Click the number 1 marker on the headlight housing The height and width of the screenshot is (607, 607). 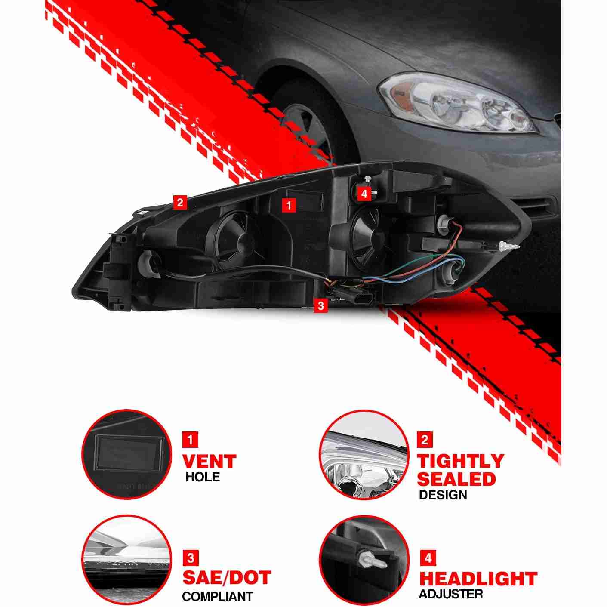tap(289, 206)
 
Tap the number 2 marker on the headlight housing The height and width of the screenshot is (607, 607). tap(180, 202)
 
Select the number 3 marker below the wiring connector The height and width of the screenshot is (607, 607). tap(320, 305)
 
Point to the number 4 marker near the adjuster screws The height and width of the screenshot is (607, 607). tap(364, 194)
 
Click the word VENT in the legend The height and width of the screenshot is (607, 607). tap(209, 462)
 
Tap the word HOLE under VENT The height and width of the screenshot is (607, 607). tap(202, 477)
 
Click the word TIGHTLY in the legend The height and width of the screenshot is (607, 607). tap(460, 461)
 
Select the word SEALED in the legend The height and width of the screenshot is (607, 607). tap(456, 479)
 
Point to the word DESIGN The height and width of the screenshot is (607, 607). tap(443, 495)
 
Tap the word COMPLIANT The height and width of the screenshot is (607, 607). tap(217, 588)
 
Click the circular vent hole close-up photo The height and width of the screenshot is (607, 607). tap(126, 455)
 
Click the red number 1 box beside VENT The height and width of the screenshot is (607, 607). tap(190, 440)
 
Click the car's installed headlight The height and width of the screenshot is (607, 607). tap(457, 102)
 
